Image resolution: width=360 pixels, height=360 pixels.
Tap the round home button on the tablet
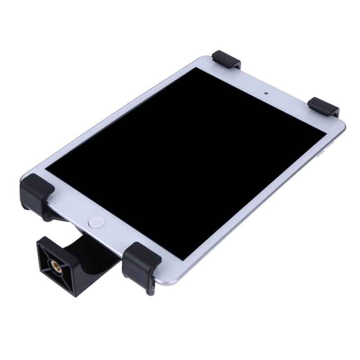[x=96, y=221]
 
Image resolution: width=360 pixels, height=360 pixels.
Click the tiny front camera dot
[x=266, y=94]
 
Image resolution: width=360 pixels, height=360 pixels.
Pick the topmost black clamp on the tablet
[x=226, y=59]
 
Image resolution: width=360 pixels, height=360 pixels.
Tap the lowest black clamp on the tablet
[x=141, y=261]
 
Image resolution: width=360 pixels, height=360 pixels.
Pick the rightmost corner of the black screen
[x=326, y=132]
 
